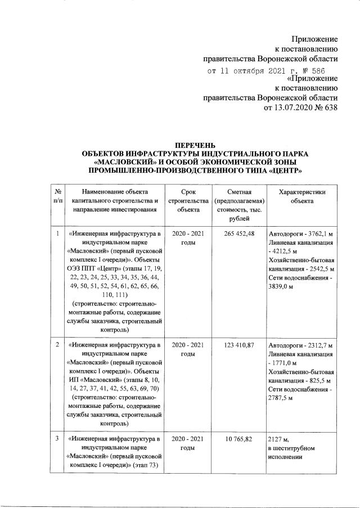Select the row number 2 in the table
pos(58,344)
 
